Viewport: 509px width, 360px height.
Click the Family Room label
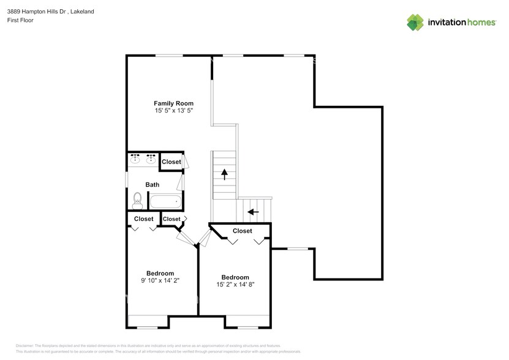click(x=173, y=103)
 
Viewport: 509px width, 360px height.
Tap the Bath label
click(x=152, y=184)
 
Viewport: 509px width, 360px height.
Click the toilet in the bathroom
click(x=137, y=200)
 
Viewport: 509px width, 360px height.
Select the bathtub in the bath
click(x=165, y=201)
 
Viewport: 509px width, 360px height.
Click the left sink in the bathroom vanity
click(x=135, y=160)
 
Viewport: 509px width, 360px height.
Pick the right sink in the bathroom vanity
click(x=150, y=160)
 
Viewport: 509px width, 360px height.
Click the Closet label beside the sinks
click(x=172, y=162)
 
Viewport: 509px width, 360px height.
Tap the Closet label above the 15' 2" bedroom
click(x=242, y=231)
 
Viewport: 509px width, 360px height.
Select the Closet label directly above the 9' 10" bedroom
click(x=143, y=219)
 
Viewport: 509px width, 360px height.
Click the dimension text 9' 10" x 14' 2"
click(x=160, y=280)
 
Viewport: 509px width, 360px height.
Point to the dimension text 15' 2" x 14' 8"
click(x=235, y=284)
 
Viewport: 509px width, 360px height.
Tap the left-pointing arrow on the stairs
click(x=252, y=212)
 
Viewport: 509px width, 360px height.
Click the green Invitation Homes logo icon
click(x=416, y=22)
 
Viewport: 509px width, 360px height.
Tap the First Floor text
click(x=21, y=20)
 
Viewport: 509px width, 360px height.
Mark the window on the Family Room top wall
click(x=169, y=56)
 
